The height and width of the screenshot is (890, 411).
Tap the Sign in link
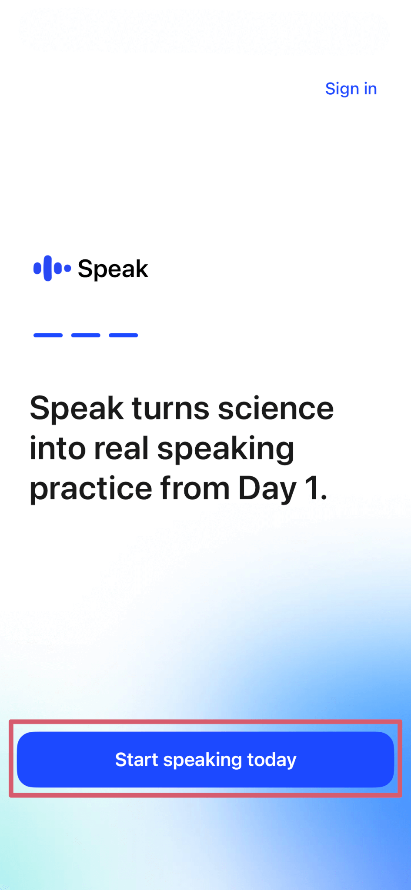[351, 89]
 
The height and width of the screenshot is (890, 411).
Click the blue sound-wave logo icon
[52, 269]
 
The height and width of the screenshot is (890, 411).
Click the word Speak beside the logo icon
[113, 269]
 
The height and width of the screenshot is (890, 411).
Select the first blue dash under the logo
[48, 335]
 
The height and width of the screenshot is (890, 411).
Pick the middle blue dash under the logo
[86, 335]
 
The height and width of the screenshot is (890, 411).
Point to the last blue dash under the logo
[124, 335]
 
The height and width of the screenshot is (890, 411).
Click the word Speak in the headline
[77, 409]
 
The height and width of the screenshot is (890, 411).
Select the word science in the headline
[276, 408]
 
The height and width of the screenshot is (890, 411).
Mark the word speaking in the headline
[226, 450]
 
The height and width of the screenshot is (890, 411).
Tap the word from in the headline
[195, 488]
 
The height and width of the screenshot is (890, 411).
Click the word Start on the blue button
[137, 760]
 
